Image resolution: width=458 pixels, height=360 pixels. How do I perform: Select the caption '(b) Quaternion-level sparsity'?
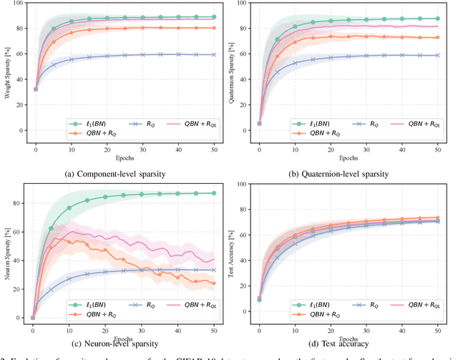tap(343, 172)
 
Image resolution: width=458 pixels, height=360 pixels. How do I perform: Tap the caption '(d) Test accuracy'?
tap(343, 346)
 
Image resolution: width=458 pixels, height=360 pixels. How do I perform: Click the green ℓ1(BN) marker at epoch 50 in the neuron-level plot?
tap(214, 193)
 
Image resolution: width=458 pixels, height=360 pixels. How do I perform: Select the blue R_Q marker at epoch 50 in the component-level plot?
tap(214, 54)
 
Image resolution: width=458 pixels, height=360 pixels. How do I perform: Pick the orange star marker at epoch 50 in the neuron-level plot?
tap(214, 283)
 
